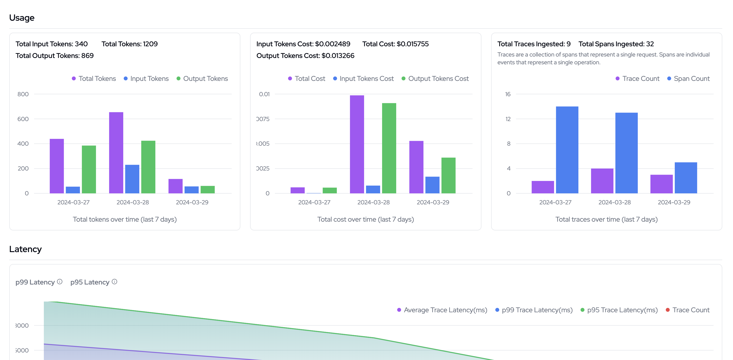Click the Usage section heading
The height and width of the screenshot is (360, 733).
coord(22,18)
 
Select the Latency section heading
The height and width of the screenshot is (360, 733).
coord(25,249)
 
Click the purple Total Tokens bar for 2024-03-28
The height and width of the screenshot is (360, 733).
coord(116,152)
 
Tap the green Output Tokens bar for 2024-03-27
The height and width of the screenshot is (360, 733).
coord(89,169)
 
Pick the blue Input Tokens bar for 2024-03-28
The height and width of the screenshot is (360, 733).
coord(132,179)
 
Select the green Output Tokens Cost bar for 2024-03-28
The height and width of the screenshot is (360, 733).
coord(389,148)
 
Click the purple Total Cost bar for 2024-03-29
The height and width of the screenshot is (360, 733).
coord(416,167)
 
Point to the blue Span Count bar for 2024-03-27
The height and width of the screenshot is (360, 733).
coord(567,150)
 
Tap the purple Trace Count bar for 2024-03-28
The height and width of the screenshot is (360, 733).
coord(602,181)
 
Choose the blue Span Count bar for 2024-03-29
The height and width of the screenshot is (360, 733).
coord(686,178)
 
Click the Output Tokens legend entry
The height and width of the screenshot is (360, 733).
coord(202,78)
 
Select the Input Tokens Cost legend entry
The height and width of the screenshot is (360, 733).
coord(363,78)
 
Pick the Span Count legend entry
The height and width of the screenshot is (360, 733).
coord(689,78)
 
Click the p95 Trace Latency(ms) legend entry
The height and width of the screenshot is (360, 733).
coord(619,310)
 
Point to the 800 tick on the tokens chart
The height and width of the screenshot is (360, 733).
coord(23,94)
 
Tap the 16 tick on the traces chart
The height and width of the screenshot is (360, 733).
coord(508,94)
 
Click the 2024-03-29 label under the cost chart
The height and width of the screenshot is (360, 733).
coord(433,202)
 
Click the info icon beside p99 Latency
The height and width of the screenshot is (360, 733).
coord(59,282)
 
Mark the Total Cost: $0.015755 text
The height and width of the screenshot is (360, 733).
coord(395,44)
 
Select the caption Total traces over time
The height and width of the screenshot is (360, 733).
coord(606,219)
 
